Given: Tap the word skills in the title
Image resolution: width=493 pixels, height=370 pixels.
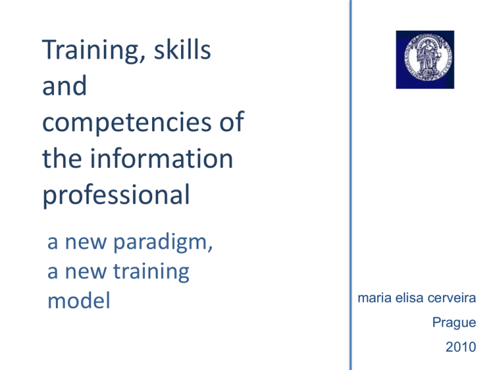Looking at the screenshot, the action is [182, 49].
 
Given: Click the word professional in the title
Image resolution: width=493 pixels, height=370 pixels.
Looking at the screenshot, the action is [116, 196].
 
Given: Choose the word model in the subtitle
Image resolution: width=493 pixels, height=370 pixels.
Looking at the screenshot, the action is [79, 301].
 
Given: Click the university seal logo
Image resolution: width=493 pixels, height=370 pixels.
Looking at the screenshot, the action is [425, 60].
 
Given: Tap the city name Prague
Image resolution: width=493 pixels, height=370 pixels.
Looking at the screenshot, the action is [454, 323].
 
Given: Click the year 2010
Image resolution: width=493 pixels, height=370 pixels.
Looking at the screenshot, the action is [461, 347].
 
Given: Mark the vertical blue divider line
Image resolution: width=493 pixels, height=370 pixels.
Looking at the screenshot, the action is [350, 185].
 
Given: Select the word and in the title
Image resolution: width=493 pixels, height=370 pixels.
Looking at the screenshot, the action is [64, 86].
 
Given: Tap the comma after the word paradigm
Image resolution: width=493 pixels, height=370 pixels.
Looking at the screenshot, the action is [211, 248].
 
